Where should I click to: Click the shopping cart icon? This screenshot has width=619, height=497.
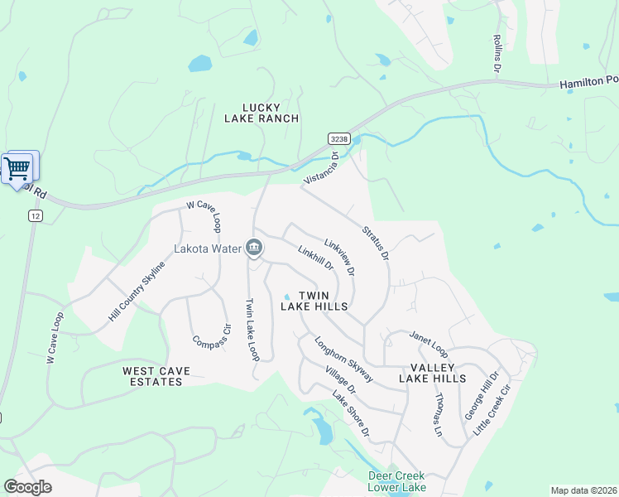point(17,168)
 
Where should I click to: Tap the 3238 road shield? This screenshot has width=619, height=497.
point(338,139)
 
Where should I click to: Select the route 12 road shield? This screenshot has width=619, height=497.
point(34,215)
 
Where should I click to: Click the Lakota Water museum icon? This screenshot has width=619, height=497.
point(254,248)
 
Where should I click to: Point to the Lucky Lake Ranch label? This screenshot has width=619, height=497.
point(262,113)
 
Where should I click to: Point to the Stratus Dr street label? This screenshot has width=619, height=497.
point(375,242)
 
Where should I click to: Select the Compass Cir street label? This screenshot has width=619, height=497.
point(209,331)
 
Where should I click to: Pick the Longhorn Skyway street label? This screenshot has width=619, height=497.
point(338,358)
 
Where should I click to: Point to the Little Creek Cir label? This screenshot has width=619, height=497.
point(493,410)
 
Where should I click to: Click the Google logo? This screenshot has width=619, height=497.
point(27,486)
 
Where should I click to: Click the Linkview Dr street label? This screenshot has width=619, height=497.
point(340,257)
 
